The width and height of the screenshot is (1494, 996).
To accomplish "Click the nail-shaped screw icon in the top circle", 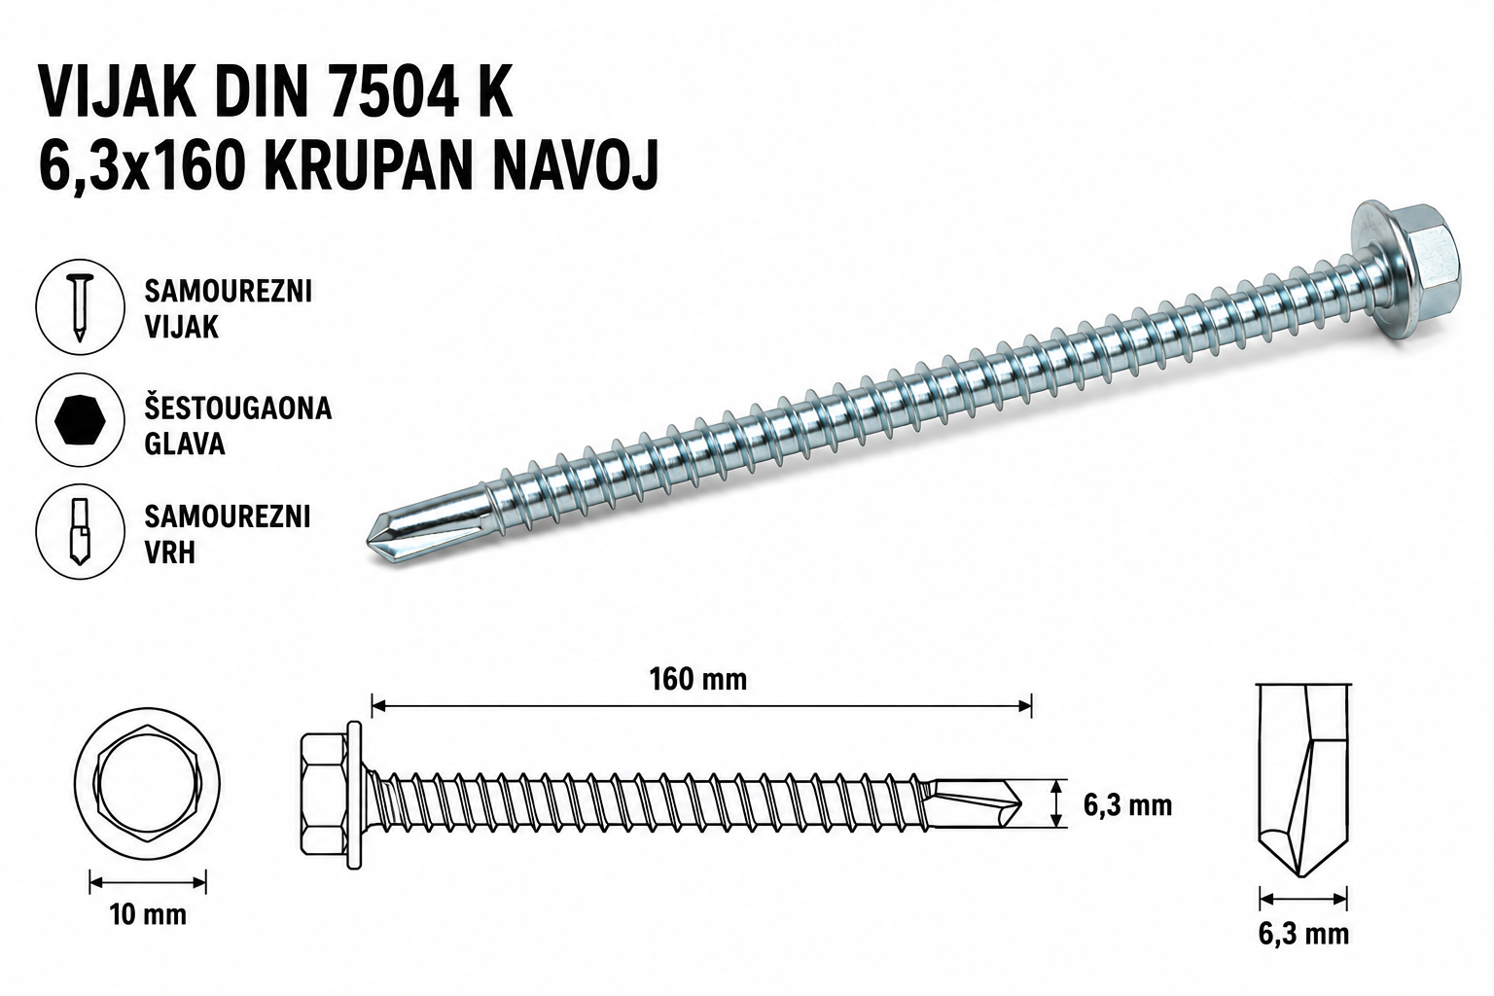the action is [80, 306].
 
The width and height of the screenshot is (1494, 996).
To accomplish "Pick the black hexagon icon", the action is [80, 419].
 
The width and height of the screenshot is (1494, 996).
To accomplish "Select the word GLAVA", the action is [185, 444].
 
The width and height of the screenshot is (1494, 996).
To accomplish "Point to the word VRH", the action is [170, 553].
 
